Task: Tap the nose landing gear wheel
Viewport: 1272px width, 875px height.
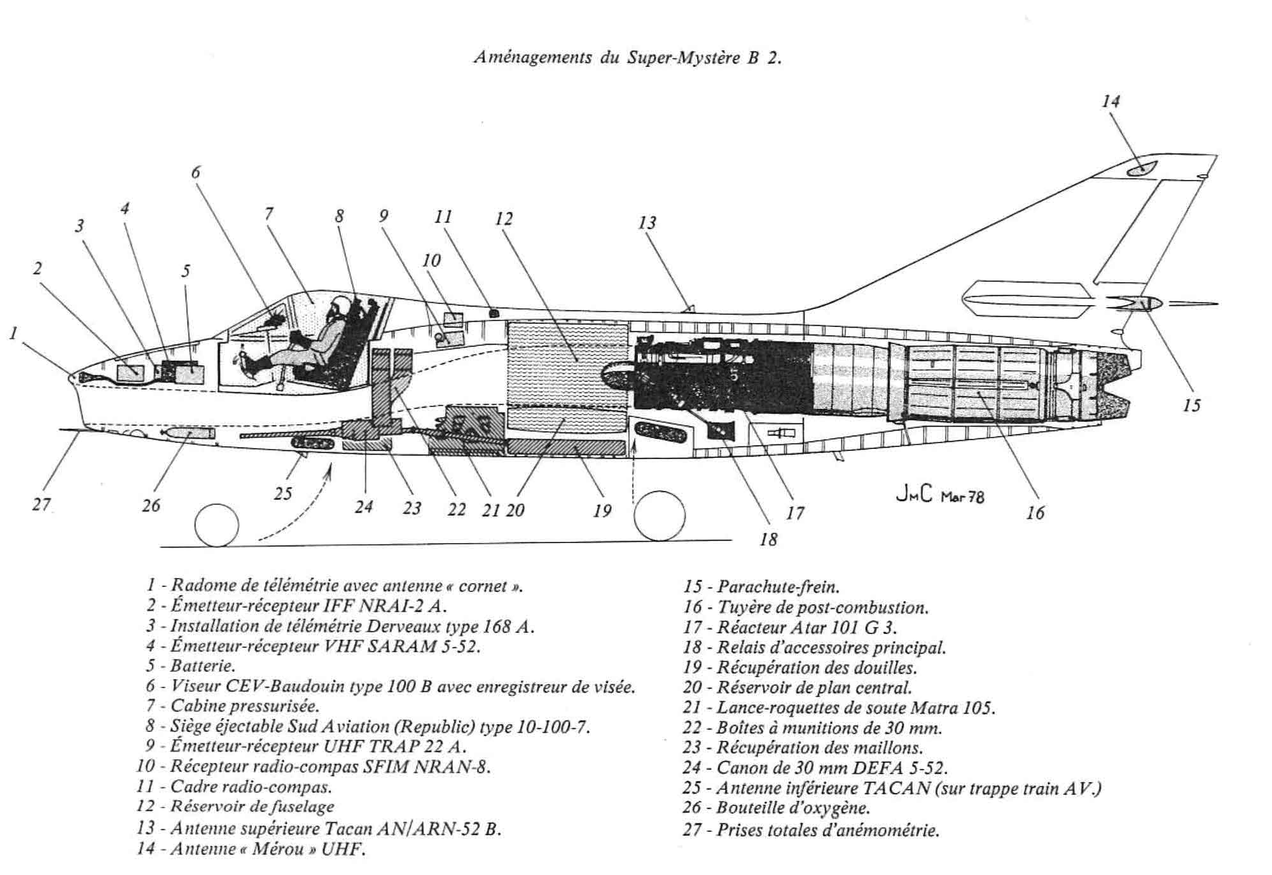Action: point(216,525)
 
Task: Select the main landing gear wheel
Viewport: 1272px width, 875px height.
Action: point(660,516)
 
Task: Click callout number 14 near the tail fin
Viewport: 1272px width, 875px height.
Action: point(1110,102)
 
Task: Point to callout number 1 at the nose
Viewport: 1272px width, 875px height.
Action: point(13,333)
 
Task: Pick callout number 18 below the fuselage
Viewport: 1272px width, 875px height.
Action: point(768,540)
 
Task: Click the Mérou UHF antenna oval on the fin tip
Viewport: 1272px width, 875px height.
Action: point(1140,169)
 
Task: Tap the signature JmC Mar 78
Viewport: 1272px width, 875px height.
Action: point(939,495)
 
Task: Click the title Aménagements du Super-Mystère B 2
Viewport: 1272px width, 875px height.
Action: point(627,58)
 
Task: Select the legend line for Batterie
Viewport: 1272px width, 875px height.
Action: point(191,666)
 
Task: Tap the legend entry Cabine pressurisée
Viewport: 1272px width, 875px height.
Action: point(233,706)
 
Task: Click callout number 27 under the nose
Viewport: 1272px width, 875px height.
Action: point(41,505)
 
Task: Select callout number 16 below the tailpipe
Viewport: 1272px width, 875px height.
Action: point(1035,513)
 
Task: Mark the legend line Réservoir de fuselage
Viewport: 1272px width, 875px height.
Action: point(235,807)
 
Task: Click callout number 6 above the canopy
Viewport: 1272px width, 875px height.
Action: point(196,172)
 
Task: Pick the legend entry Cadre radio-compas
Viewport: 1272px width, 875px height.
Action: point(234,787)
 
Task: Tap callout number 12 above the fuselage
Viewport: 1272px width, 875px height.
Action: point(504,219)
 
